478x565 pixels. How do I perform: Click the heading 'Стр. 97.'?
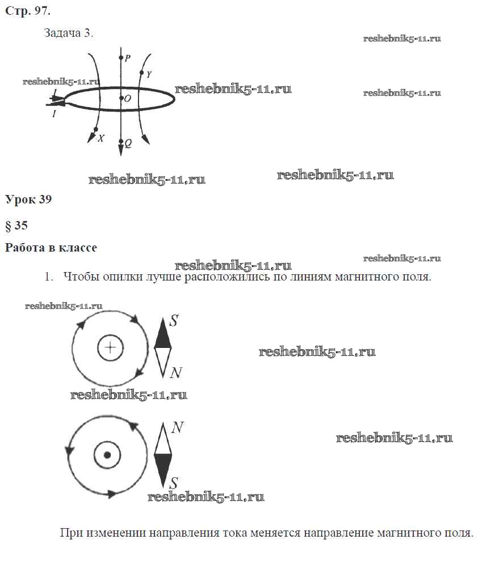(28, 11)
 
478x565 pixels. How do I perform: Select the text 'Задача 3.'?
(69, 33)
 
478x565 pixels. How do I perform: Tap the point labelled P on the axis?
(121, 57)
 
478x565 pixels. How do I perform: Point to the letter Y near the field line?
(149, 74)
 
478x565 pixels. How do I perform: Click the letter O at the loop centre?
(128, 99)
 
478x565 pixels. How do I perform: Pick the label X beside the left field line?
(101, 138)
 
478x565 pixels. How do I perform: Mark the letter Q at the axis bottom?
(128, 143)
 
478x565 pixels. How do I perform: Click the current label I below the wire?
(54, 114)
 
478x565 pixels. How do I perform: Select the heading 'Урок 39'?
(28, 199)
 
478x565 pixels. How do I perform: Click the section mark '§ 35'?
(16, 226)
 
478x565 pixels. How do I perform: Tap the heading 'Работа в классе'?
(51, 248)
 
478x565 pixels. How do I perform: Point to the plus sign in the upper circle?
(111, 348)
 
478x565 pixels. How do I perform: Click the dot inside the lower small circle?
(107, 454)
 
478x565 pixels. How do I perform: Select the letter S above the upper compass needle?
(174, 320)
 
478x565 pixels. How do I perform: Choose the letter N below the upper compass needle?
(176, 372)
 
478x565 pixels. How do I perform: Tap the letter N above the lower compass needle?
(178, 427)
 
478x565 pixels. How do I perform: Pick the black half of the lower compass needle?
(163, 469)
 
